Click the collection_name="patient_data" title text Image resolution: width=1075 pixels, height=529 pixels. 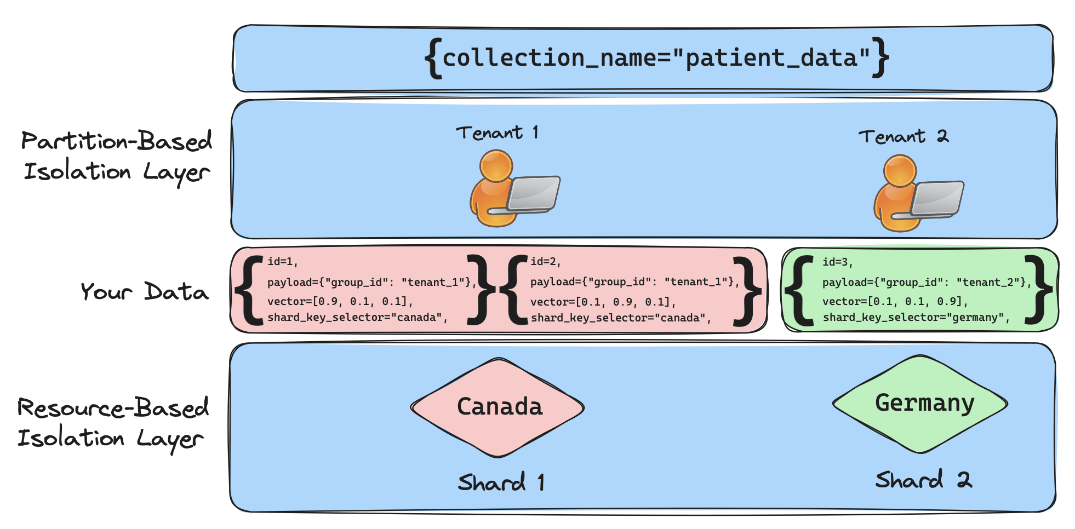coord(656,58)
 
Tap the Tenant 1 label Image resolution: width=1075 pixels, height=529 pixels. coord(498,133)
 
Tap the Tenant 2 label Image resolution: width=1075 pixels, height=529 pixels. coord(904,136)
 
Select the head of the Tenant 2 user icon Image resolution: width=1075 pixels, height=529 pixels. coord(900,171)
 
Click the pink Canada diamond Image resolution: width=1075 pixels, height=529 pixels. coord(498,407)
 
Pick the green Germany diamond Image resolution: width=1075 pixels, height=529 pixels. coord(920,404)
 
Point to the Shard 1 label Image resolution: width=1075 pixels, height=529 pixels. coord(501,482)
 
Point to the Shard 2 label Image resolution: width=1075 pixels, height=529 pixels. coord(924,480)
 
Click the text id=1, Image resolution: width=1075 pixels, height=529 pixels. coord(283,262)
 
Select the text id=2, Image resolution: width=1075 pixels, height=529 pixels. coord(546,262)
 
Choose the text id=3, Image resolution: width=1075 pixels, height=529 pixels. coord(838,262)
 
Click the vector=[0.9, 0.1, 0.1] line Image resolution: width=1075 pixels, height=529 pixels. coord(340,302)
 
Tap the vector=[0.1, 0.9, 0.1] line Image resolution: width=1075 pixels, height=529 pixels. coord(603,302)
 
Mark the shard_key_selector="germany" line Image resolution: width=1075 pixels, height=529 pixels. coord(916,318)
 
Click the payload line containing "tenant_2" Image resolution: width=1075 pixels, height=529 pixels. coord(927,283)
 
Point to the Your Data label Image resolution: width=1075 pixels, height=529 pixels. coord(145,291)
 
